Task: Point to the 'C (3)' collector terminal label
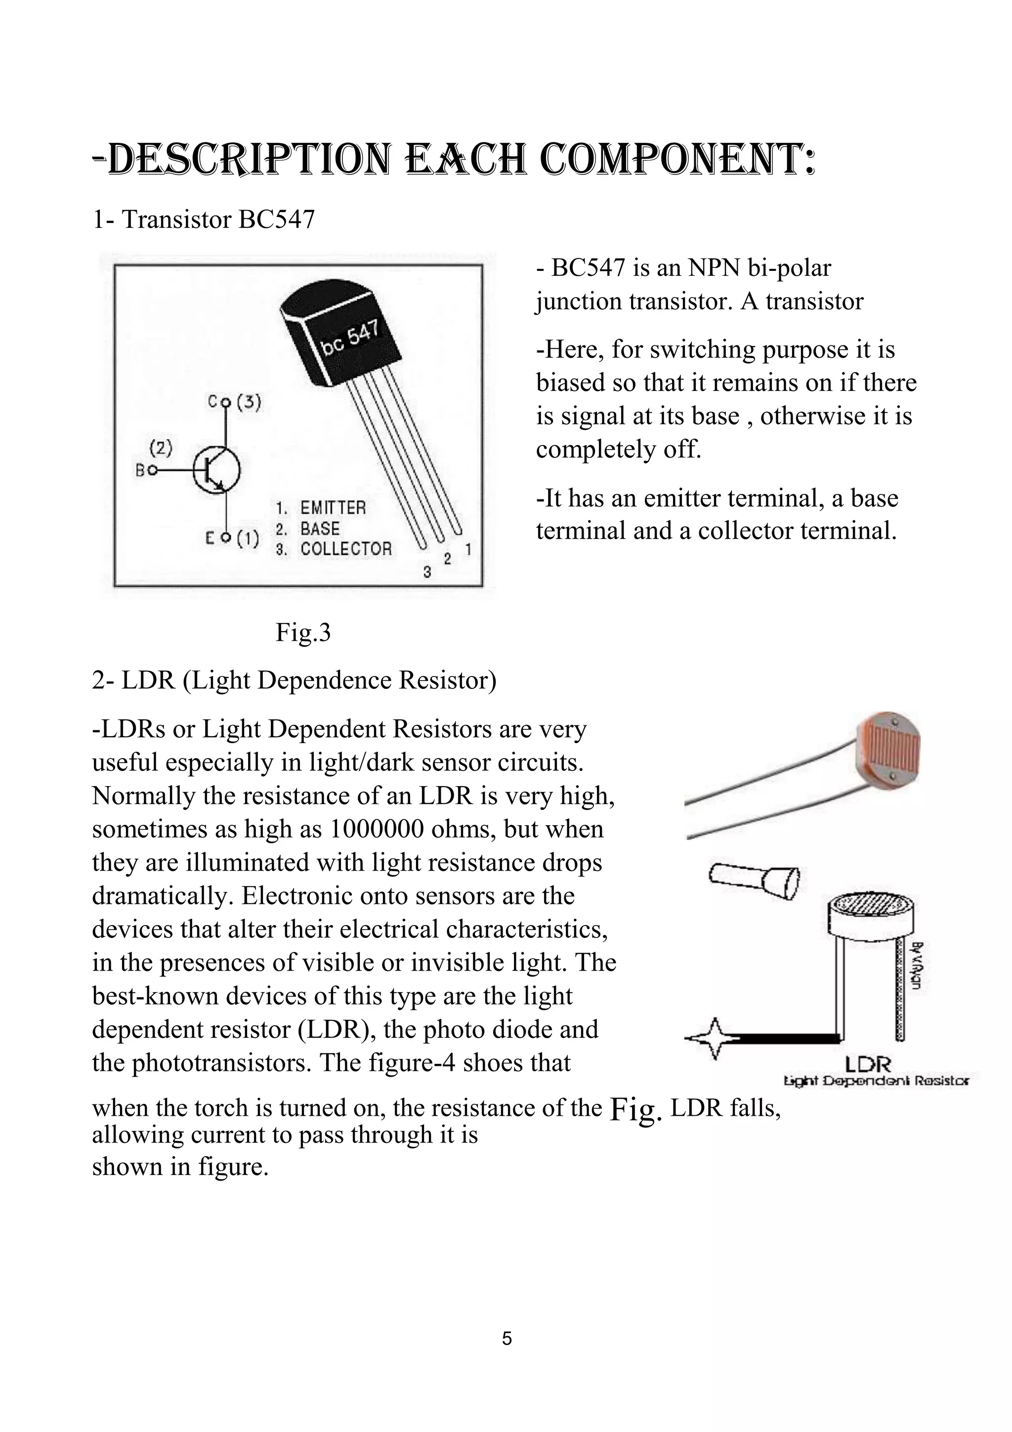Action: point(235,402)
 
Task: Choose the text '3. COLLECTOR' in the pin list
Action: point(334,549)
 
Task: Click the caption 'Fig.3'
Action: point(303,632)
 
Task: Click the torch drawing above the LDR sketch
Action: point(754,880)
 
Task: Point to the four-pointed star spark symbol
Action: point(715,1039)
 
